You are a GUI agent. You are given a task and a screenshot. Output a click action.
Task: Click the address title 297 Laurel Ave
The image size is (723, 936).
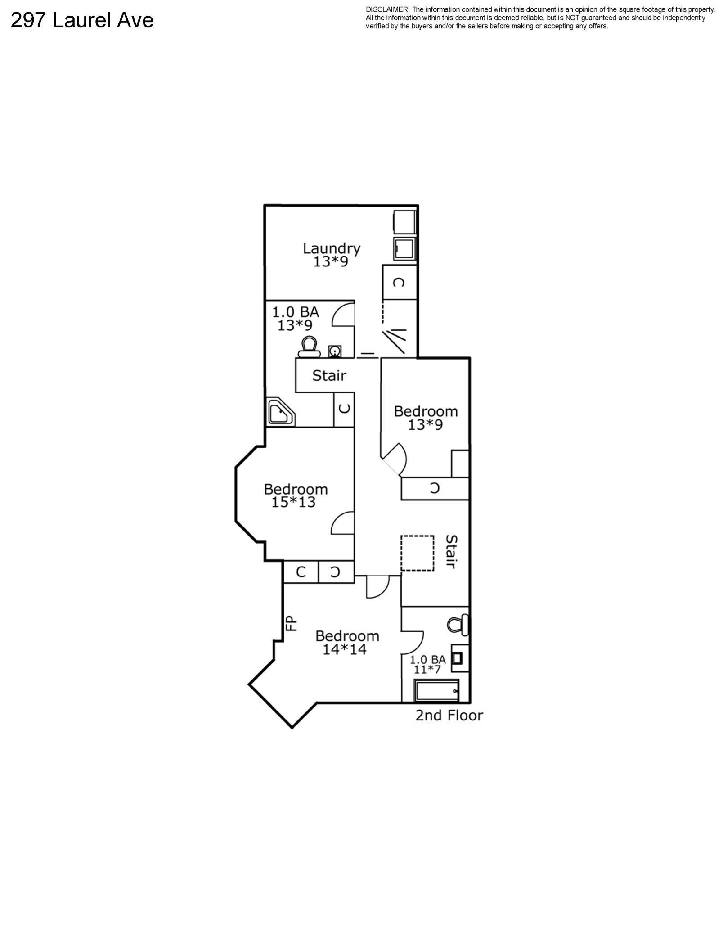coord(82,20)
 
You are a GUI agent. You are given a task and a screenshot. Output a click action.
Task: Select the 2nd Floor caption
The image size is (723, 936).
coord(449,715)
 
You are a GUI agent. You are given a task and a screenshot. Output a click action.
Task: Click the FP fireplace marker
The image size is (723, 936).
coord(292,623)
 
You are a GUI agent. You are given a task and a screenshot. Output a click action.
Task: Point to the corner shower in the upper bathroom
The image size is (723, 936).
coord(281,412)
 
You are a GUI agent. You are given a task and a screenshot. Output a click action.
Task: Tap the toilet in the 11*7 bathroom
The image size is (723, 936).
coord(458,625)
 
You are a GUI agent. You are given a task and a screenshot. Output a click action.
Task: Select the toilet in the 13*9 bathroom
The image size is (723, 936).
coord(309,347)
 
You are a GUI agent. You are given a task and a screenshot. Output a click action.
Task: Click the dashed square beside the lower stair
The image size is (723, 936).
coord(418,553)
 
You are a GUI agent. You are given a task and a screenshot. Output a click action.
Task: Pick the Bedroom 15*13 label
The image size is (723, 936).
coord(296,495)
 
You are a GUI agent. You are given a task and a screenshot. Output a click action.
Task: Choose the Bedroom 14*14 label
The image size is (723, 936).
coord(347,642)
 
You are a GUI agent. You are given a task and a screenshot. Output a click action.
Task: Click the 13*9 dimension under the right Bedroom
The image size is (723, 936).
coord(425,424)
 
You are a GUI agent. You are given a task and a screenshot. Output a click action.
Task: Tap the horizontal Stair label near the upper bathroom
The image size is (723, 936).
coord(329,375)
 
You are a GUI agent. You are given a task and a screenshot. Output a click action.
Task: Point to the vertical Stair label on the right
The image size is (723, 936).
coord(451,552)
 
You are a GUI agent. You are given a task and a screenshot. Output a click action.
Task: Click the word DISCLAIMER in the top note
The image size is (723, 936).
coord(387,9)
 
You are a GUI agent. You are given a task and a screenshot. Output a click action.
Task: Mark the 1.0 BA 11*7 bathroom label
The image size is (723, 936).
coord(427,665)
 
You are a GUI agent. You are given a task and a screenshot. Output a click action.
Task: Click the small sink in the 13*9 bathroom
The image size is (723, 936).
coord(334,351)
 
